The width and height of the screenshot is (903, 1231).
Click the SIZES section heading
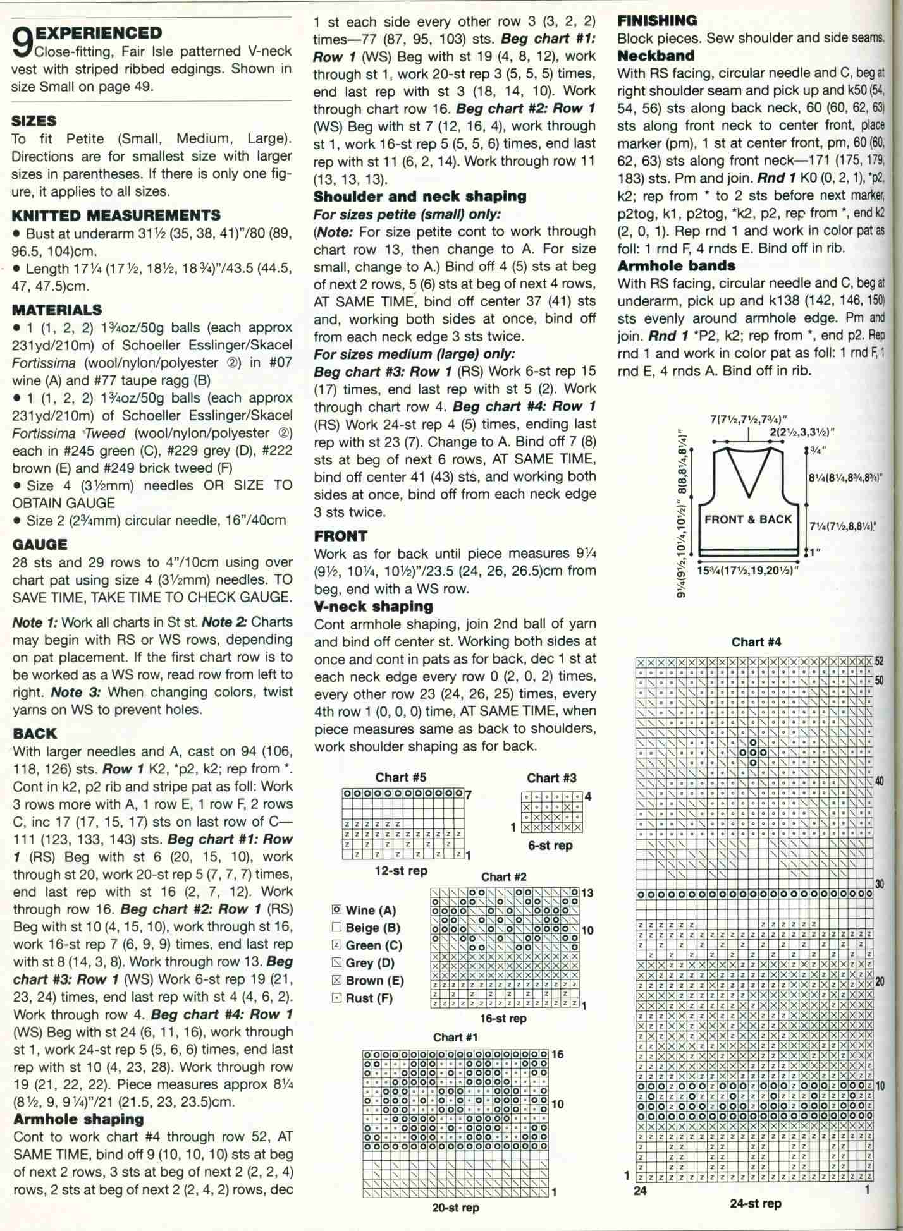[34, 121]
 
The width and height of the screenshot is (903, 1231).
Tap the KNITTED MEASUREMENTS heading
[116, 215]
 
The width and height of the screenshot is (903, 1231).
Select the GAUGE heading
[39, 543]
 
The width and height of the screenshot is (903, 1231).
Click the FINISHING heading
[658, 21]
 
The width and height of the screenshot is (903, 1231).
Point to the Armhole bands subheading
[676, 265]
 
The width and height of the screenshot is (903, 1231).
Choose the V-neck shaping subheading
[374, 607]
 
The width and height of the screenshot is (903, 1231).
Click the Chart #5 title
[401, 777]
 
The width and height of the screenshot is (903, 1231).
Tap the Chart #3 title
[552, 778]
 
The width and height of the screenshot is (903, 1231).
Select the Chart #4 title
[756, 642]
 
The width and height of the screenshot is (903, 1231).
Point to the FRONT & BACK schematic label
[748, 519]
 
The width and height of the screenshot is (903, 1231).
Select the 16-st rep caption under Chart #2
[503, 1018]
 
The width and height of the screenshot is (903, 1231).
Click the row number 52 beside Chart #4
[879, 661]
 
